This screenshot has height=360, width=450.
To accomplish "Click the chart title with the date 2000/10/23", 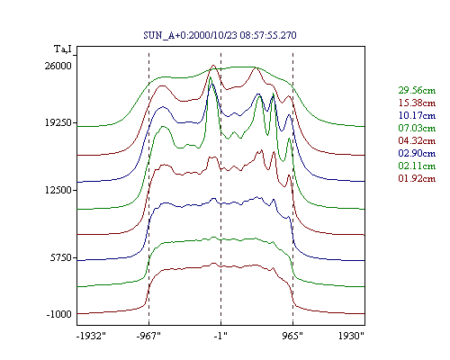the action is [220, 35].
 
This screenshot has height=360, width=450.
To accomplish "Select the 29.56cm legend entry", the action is [417, 90].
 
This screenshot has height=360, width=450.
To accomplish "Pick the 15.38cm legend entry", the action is [417, 103].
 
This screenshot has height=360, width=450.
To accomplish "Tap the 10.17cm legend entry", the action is [417, 115].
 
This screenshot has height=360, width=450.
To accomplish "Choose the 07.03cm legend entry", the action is [417, 128].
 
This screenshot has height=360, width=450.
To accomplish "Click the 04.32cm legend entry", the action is [417, 140].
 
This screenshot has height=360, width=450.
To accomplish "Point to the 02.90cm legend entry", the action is [417, 153].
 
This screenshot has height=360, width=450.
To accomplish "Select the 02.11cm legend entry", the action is [417, 166].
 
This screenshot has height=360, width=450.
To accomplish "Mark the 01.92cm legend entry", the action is [417, 178].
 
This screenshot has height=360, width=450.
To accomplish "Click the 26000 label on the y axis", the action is [58, 66].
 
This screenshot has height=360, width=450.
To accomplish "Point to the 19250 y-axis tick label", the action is [58, 122].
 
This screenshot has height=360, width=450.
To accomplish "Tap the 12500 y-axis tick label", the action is [58, 190].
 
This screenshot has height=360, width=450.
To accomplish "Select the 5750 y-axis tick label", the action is [61, 257].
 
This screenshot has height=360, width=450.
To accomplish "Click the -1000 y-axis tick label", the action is [59, 314].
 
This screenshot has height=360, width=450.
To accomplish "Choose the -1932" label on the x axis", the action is [92, 336].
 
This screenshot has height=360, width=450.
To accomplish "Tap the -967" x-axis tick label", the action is [148, 336].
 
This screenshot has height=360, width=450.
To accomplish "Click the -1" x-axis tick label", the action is [220, 336].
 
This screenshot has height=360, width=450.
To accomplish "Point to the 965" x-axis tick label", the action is [292, 336].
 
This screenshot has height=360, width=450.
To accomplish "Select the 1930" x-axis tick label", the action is [351, 336].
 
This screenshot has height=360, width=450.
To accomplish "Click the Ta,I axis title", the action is [63, 49].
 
